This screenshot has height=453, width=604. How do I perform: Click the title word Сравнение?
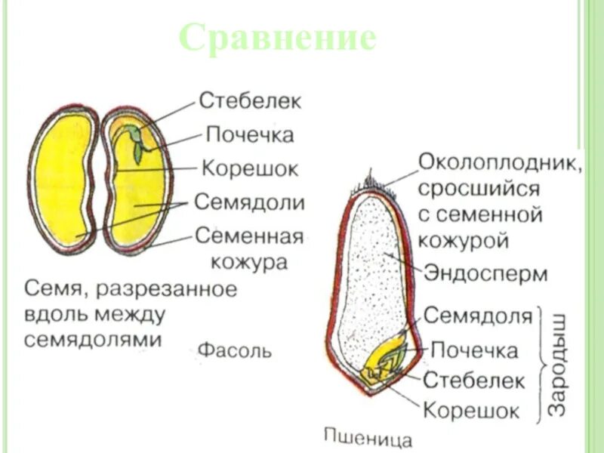point(278,38)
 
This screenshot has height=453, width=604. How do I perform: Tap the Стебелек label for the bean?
point(250,100)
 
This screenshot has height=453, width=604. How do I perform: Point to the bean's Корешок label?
point(250,168)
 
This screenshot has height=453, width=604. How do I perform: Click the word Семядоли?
point(250,202)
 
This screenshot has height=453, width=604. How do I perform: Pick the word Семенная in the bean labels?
point(249,236)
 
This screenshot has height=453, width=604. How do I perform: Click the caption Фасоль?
point(235,351)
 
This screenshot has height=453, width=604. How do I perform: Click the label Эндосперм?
point(485,273)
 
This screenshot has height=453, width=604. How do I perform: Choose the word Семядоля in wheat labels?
point(479,315)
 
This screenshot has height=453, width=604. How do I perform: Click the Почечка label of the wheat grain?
point(474,350)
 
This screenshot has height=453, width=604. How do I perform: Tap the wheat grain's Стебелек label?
point(473,380)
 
